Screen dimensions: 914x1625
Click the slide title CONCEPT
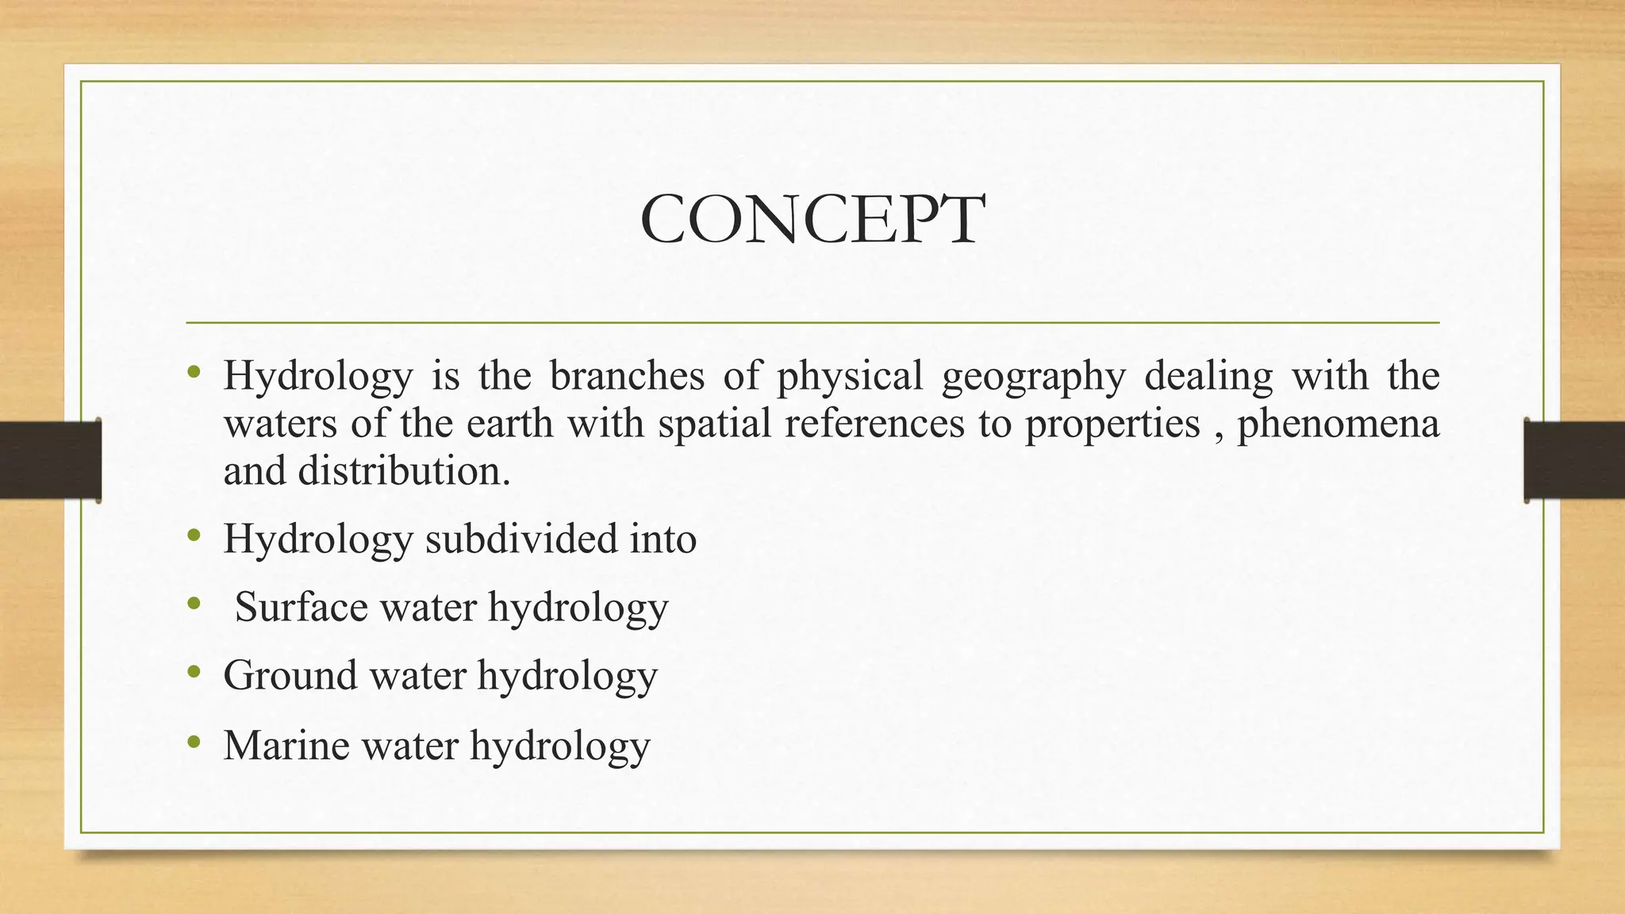point(812,220)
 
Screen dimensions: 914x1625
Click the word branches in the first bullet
point(627,375)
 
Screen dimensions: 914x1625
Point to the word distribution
point(404,471)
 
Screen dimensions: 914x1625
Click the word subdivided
point(521,539)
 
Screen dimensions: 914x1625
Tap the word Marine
point(286,745)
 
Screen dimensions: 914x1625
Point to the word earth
point(509,423)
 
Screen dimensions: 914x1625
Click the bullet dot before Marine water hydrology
point(194,743)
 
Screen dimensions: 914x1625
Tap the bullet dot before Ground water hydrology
point(194,674)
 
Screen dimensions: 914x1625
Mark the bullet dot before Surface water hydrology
point(194,605)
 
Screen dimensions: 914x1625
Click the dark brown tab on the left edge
point(50,460)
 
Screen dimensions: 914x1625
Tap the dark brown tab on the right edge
point(1574,460)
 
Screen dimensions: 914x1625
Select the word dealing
point(1208,377)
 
